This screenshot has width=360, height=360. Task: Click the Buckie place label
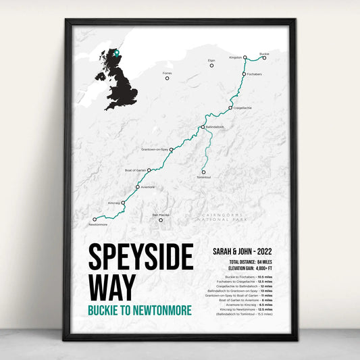pyautogui.click(x=264, y=53)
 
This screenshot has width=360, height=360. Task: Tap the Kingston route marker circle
pyautogui.click(x=245, y=58)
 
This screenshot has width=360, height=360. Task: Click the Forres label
pyautogui.click(x=168, y=73)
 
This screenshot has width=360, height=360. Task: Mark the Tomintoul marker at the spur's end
pyautogui.click(x=203, y=172)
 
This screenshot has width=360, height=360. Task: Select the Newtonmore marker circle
pyautogui.click(x=94, y=219)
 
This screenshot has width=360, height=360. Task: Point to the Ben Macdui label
pyautogui.click(x=161, y=214)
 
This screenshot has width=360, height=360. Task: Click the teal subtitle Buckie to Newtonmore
pyautogui.click(x=139, y=310)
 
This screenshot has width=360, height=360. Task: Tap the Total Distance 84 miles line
pyautogui.click(x=240, y=261)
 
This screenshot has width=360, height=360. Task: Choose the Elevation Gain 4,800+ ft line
pyautogui.click(x=240, y=267)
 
